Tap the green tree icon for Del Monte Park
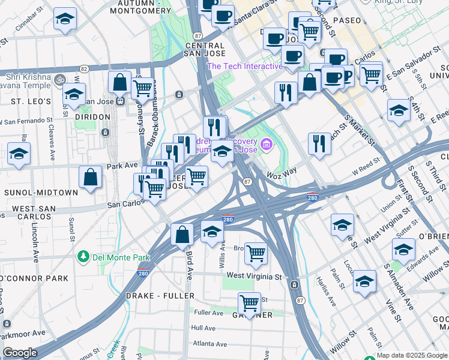click(x=83, y=257)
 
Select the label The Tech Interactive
click(x=244, y=66)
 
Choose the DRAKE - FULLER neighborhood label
click(x=160, y=296)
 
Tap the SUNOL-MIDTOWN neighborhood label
click(x=41, y=193)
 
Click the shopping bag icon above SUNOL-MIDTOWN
click(x=90, y=178)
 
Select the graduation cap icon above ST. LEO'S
click(x=74, y=94)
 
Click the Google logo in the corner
click(x=20, y=353)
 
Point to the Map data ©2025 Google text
click(x=412, y=355)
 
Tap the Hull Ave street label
click(x=203, y=328)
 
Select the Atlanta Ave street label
click(x=209, y=344)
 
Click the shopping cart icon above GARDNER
click(x=249, y=303)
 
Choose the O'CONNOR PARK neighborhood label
click(x=34, y=278)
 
